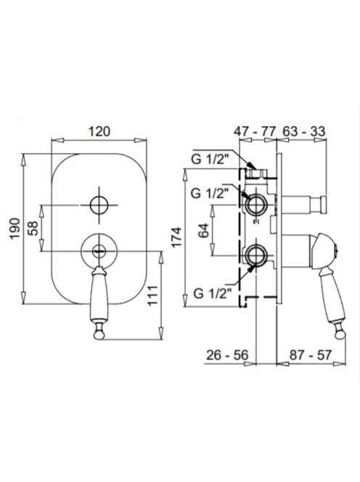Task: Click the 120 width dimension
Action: pyautogui.click(x=99, y=131)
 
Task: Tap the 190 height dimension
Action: pyautogui.click(x=15, y=228)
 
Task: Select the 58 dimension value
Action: pyautogui.click(x=33, y=228)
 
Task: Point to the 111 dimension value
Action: pyautogui.click(x=153, y=295)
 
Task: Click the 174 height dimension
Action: pyautogui.click(x=177, y=237)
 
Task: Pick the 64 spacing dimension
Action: pyautogui.click(x=204, y=231)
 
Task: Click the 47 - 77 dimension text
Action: pyautogui.click(x=255, y=131)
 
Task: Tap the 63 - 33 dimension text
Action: pyautogui.click(x=303, y=131)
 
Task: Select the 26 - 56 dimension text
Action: pyautogui.click(x=227, y=355)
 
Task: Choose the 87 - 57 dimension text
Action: pyautogui.click(x=311, y=355)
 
